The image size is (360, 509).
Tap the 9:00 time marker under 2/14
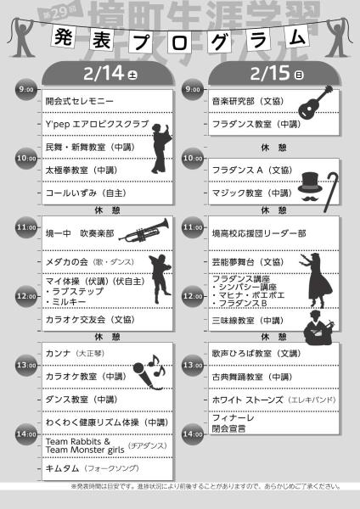(25, 89)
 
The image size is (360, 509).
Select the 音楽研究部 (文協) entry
(247, 101)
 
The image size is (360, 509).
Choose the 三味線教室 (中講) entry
(248, 321)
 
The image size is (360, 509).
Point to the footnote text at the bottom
(180, 486)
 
